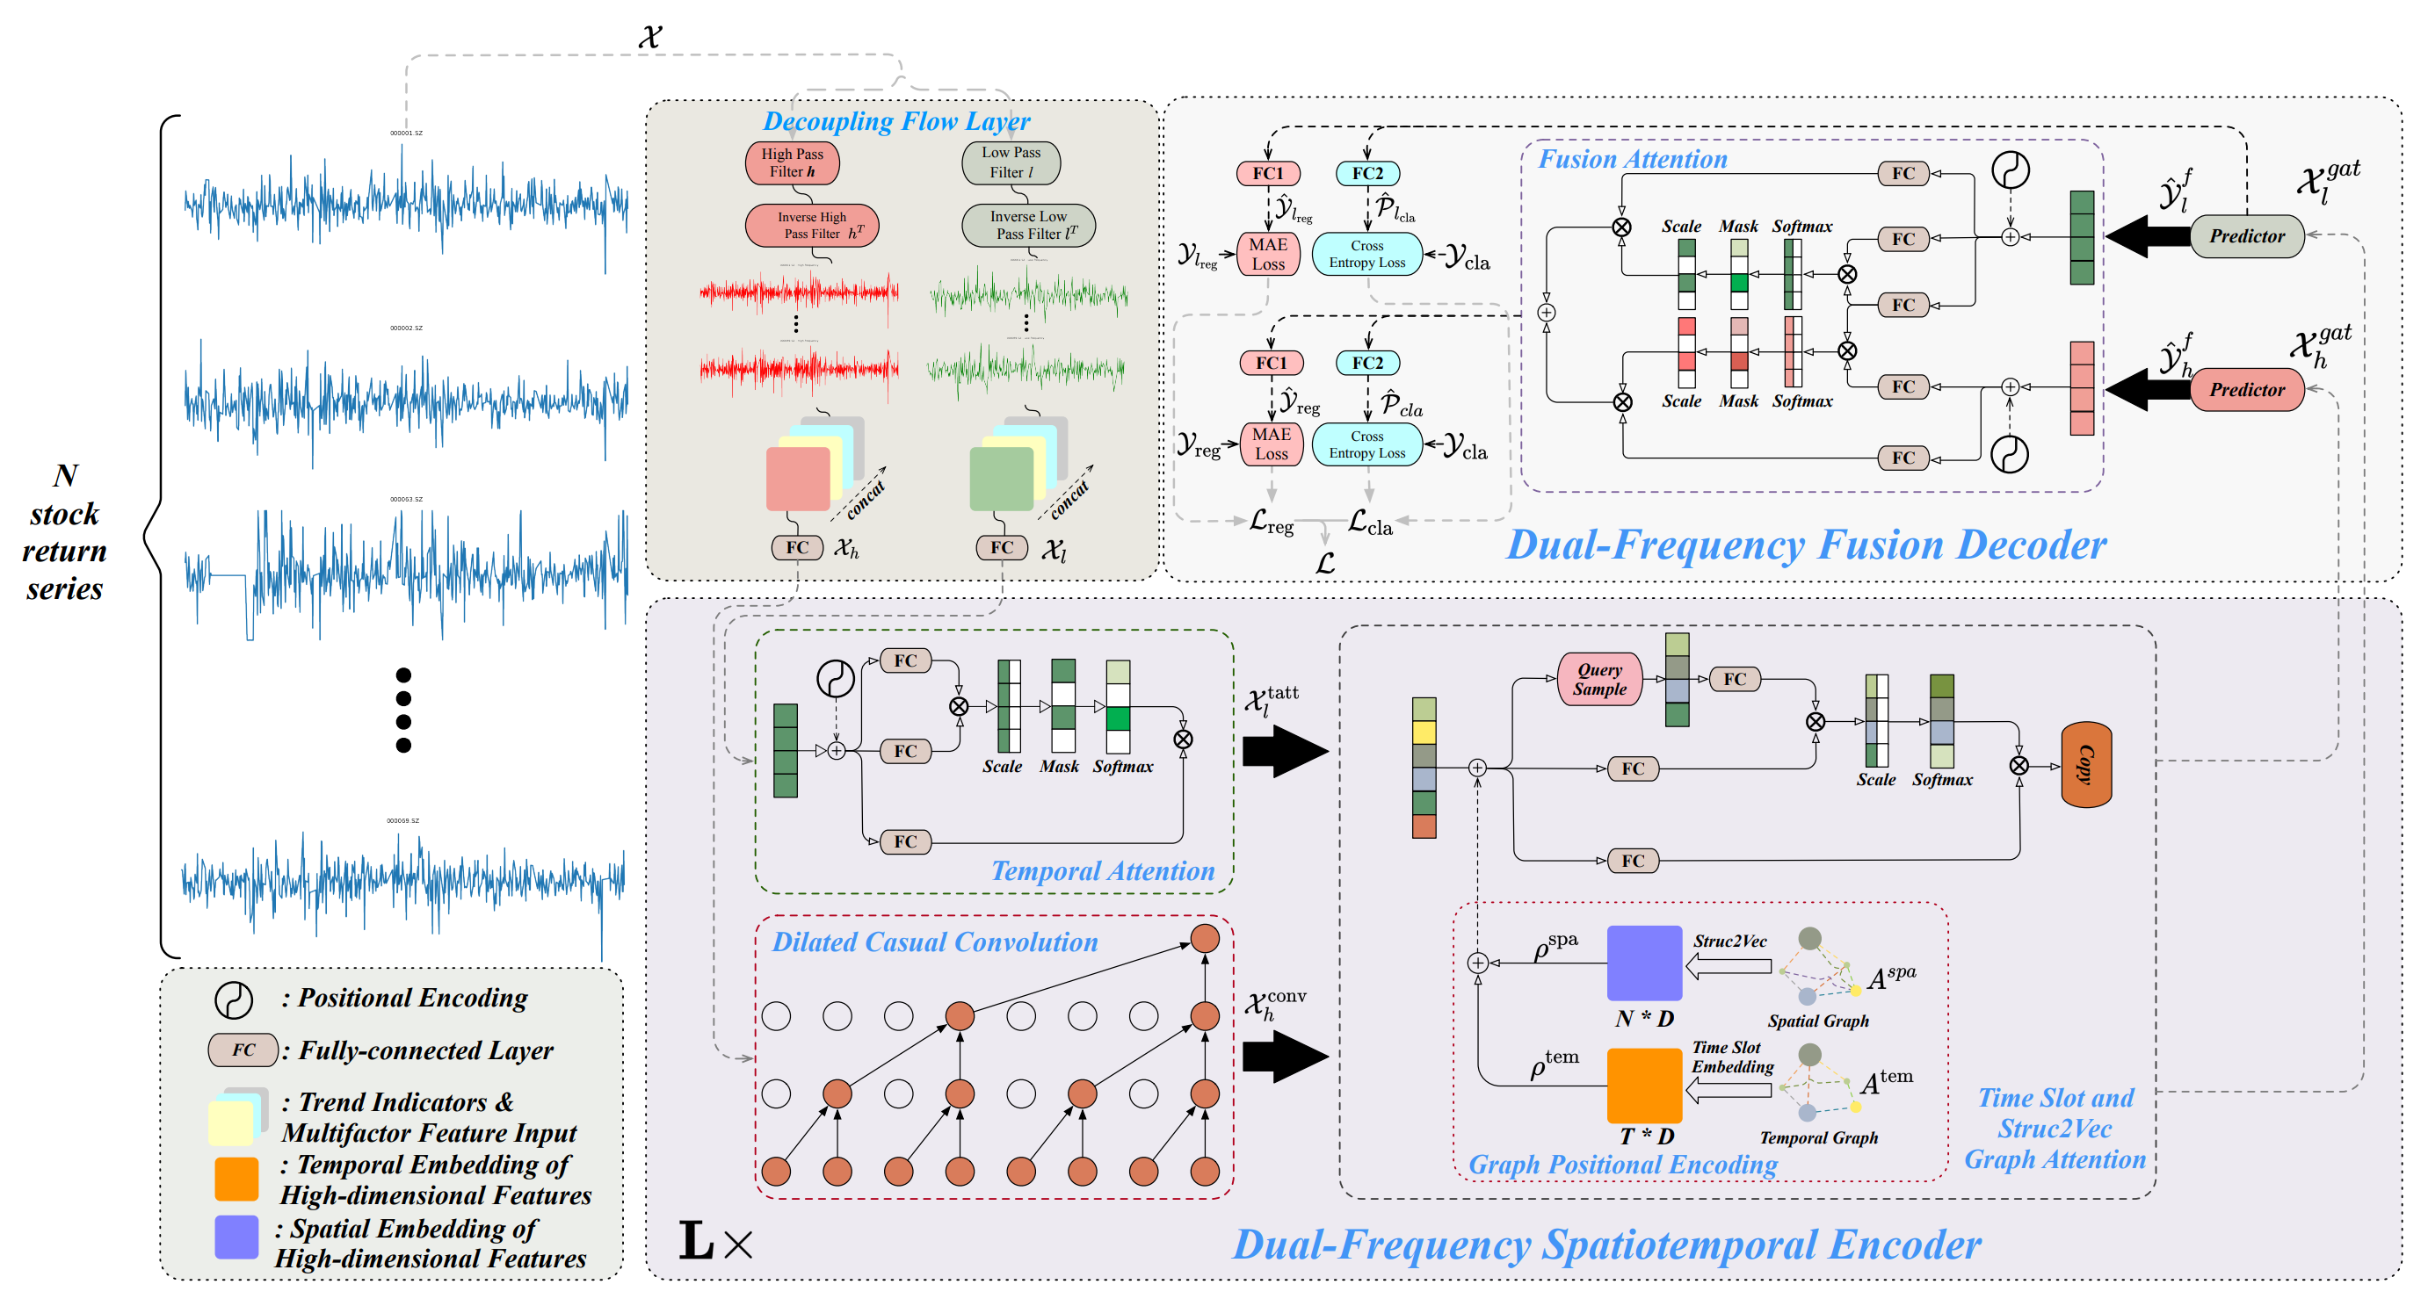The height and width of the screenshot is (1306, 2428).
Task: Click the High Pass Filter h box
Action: (792, 163)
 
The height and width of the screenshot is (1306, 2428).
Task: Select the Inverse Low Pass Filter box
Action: (1028, 225)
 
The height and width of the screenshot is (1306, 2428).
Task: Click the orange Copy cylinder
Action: (2086, 764)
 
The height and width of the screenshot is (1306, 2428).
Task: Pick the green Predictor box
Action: (2246, 235)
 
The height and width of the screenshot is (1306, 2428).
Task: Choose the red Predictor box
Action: (2246, 389)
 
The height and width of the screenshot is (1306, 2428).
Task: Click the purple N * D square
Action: (1644, 962)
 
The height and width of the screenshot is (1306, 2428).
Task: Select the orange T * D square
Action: (1644, 1085)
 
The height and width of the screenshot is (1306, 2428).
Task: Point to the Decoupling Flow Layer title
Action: (895, 120)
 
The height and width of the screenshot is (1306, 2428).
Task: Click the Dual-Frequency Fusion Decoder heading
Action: (1806, 545)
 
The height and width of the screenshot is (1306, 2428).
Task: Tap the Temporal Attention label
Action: (1102, 870)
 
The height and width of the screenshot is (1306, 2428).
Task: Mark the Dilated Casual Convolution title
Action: (934, 942)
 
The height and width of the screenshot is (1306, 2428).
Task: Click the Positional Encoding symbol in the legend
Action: (233, 999)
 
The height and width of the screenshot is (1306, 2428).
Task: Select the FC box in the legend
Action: (243, 1050)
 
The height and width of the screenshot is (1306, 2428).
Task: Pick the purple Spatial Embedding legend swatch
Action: (236, 1237)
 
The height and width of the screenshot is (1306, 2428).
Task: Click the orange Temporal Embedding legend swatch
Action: (236, 1179)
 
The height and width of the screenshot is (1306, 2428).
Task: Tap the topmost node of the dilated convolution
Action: (1205, 939)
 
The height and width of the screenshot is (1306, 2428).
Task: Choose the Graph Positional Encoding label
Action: (1622, 1165)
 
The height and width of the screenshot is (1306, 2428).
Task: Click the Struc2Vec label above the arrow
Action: (1729, 941)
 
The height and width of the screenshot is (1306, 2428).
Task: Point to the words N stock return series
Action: (64, 531)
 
